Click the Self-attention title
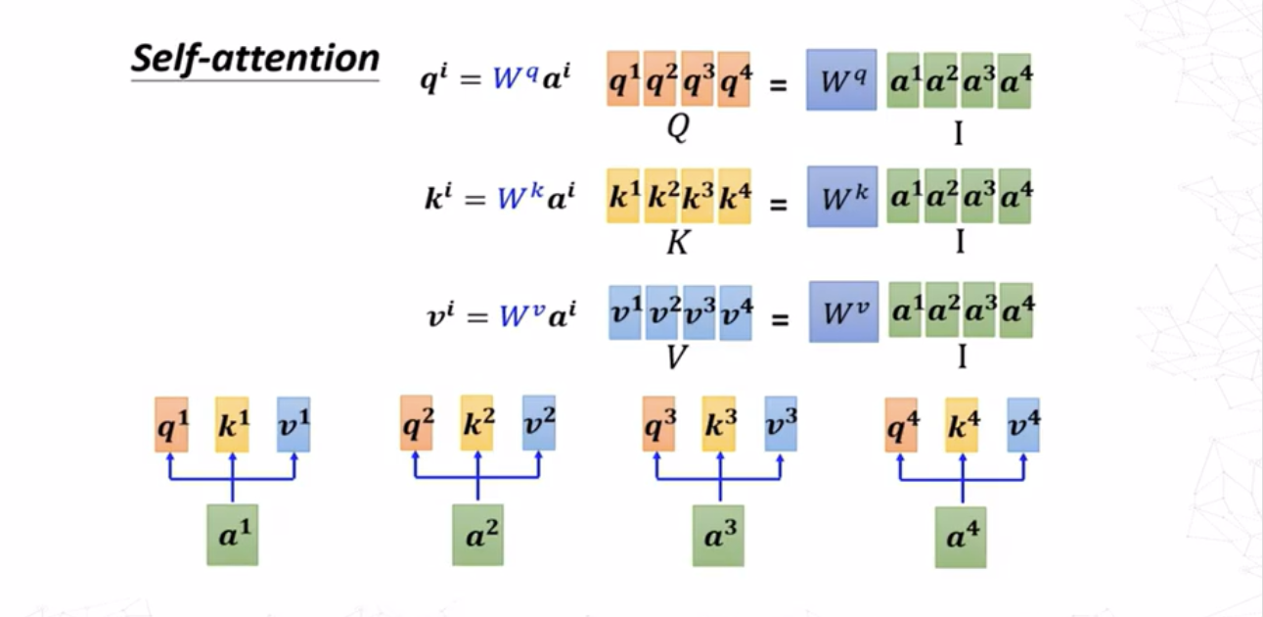254,59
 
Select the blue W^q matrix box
841,79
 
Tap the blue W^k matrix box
841,196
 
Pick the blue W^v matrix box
843,311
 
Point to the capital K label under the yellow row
678,242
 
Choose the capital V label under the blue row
676,357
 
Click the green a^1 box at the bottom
232,535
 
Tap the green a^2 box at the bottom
477,535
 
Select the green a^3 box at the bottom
718,535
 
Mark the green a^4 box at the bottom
960,537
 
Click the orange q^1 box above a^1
171,424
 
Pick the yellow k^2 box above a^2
477,423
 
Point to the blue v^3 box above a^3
781,424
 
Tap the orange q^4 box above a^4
901,424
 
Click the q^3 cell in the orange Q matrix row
698,79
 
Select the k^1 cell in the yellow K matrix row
623,196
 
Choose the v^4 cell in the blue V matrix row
736,312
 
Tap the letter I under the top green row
959,132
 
